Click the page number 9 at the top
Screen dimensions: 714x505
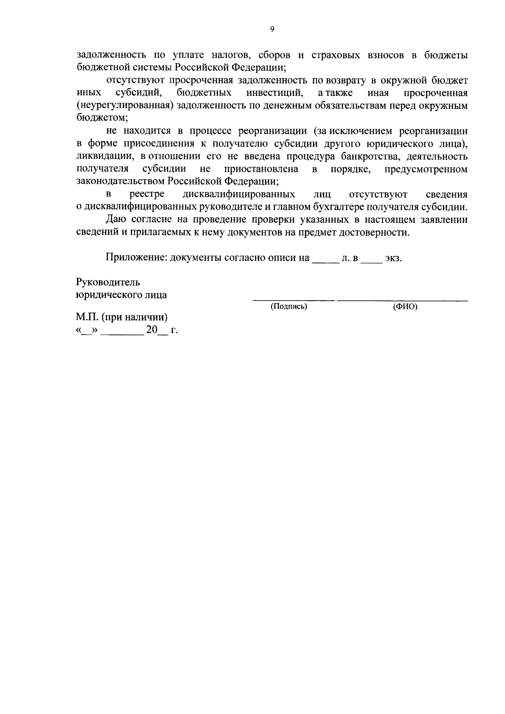point(271,29)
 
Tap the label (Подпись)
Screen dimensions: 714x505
point(289,307)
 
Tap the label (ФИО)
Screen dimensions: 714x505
point(405,307)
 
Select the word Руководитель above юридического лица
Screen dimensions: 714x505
point(108,282)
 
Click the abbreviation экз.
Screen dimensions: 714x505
point(393,258)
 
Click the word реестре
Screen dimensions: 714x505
point(147,195)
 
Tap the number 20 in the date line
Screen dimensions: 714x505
point(151,330)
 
